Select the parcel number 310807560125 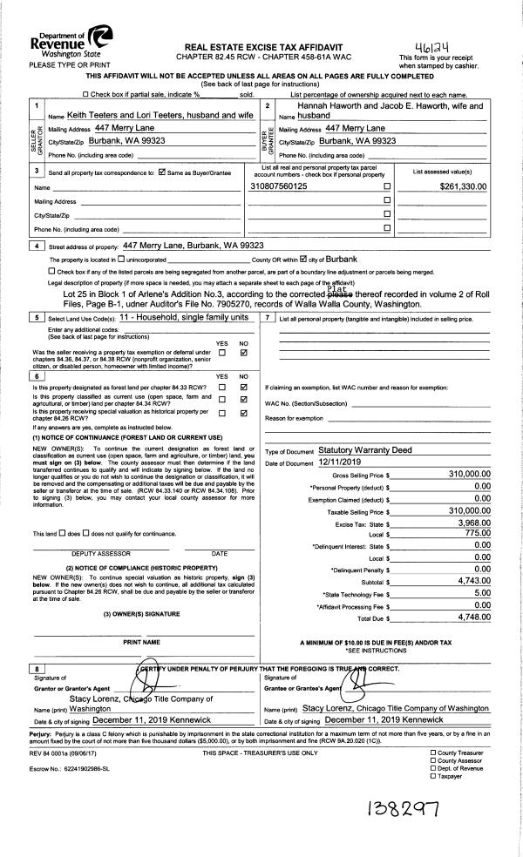click(x=278, y=186)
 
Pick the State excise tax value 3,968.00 click(x=471, y=522)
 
